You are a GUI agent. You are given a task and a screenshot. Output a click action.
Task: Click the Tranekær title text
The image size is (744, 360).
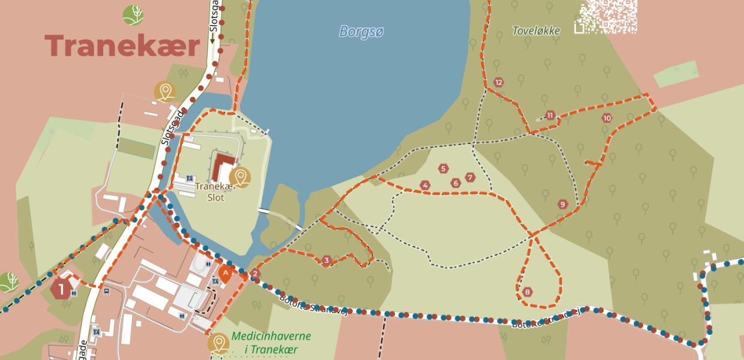tap(122, 46)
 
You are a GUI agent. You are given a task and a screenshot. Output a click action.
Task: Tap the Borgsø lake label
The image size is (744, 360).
tap(361, 31)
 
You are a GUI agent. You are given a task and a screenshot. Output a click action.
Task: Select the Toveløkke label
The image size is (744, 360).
tap(536, 31)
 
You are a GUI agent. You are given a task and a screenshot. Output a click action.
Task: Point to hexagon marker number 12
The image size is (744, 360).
tap(498, 82)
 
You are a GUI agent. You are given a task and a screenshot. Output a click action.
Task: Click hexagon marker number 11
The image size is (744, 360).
tap(550, 115)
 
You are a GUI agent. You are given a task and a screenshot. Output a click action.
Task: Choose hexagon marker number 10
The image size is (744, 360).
tap(607, 118)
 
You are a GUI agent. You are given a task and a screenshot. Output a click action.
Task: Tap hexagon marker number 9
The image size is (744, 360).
tap(562, 204)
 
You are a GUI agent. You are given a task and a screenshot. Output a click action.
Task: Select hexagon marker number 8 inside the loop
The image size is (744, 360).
tap(527, 292)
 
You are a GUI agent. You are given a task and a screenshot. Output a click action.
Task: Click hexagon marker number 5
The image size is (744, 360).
tap(443, 169)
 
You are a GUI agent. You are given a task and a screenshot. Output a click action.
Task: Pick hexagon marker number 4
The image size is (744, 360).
tap(425, 185)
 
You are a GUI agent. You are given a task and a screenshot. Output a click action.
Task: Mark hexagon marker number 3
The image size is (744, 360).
tap(326, 260)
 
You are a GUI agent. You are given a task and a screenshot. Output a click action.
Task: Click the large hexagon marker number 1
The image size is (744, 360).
tap(61, 289)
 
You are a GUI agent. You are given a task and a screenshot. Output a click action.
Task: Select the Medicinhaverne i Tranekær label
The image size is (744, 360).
tap(271, 343)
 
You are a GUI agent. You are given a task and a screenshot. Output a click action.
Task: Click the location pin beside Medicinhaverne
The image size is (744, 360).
tap(218, 343)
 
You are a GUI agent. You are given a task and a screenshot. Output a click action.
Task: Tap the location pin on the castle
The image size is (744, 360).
tap(240, 177)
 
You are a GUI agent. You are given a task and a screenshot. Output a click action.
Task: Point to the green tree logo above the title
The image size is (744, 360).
tap(133, 14)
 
